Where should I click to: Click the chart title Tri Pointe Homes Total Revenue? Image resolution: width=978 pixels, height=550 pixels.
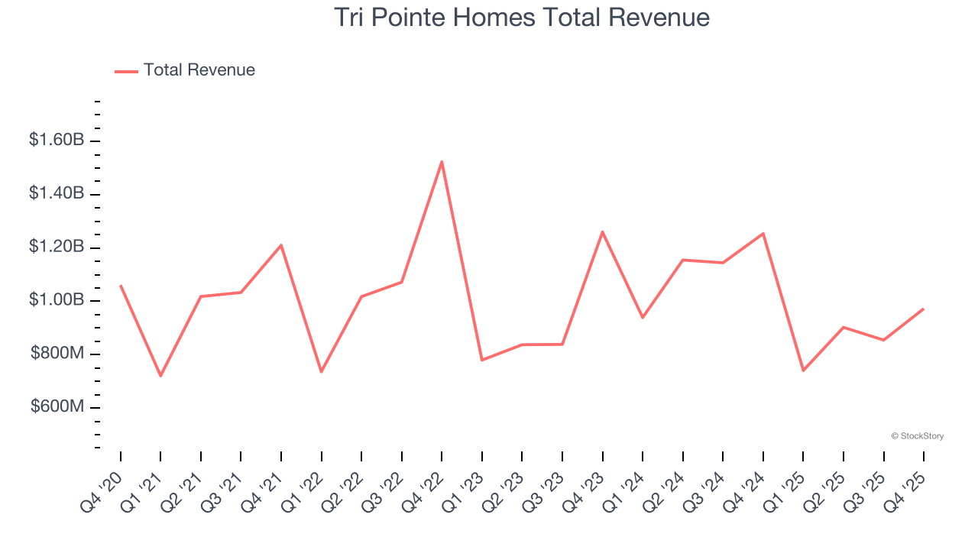click(x=522, y=18)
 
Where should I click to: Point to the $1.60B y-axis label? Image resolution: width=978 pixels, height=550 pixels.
click(x=56, y=141)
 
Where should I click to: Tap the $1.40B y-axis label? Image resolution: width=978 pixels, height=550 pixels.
click(x=56, y=194)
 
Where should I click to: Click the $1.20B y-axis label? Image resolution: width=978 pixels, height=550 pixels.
click(x=56, y=247)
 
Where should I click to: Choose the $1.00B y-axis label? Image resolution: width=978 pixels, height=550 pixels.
click(x=56, y=300)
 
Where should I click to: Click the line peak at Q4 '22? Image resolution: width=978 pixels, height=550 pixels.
click(x=442, y=162)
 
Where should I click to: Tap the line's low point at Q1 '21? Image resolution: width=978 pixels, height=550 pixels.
click(x=160, y=376)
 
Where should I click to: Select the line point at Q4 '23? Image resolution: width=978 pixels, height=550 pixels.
click(x=602, y=231)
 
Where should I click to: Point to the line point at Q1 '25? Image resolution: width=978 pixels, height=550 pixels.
click(x=803, y=370)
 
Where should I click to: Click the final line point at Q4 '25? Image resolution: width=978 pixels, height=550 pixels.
click(x=924, y=309)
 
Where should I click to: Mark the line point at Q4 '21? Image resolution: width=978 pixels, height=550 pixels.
click(x=281, y=245)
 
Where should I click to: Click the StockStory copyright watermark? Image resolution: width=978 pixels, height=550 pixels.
click(x=917, y=436)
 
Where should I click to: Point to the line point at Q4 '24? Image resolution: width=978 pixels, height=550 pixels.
click(x=763, y=234)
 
